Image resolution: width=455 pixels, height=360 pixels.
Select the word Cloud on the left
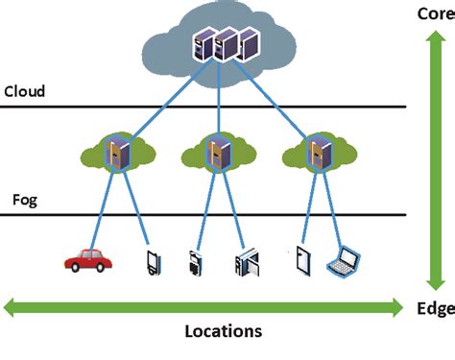coord(25,92)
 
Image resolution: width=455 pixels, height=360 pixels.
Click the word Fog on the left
coord(24,201)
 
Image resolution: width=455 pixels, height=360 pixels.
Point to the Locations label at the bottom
coord(223,331)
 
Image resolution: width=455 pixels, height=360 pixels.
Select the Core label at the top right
coord(434,12)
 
